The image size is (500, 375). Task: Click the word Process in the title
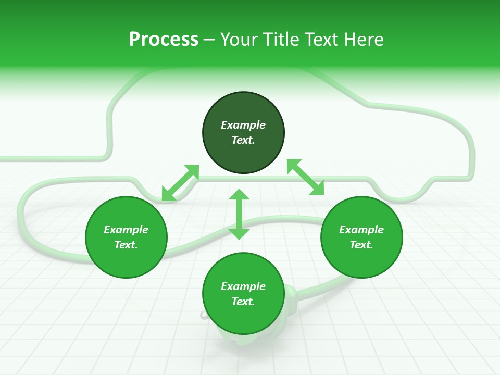[164, 40]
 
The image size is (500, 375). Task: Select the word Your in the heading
[239, 40]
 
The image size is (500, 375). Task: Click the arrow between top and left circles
[180, 182]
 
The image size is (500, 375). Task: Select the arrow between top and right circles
[305, 177]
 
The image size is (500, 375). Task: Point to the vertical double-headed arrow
[239, 214]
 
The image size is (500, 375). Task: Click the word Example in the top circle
[243, 125]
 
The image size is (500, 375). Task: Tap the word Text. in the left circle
[126, 245]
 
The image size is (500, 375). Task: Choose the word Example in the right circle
[361, 230]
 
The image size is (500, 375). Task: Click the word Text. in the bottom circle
[243, 302]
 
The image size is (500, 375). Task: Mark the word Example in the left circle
[126, 230]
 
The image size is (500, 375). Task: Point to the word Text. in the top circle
[243, 140]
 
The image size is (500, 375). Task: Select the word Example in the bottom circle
[243, 286]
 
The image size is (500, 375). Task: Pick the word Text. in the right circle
[361, 245]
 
